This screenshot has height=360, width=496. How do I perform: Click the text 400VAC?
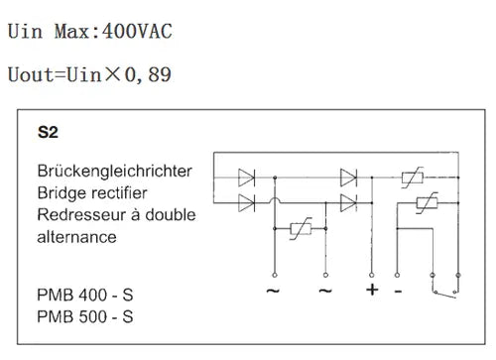pos(137,32)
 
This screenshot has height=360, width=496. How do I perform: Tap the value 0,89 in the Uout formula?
pos(148,74)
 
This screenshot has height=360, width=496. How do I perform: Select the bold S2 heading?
pos(48,132)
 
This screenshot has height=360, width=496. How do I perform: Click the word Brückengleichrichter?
pos(114,172)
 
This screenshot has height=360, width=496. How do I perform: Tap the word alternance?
pos(76,237)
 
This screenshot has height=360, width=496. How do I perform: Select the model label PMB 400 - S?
pos(85,295)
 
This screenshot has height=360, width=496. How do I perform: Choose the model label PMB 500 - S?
pos(85,316)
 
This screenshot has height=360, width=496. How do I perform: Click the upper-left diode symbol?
pos(246,178)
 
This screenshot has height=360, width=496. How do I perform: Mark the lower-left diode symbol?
pos(246,202)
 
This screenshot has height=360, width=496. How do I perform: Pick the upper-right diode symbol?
pos(348,178)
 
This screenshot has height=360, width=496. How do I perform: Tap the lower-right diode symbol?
pos(348,202)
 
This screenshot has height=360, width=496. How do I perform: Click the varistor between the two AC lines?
pos(301,228)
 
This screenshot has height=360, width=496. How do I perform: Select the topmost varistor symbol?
pos(413,178)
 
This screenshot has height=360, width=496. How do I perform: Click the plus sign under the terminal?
pos(372,290)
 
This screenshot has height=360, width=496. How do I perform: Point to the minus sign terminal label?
pos(398,292)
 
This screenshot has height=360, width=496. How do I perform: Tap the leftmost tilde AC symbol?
pos(273,291)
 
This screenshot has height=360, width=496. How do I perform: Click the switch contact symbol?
pos(445,293)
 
